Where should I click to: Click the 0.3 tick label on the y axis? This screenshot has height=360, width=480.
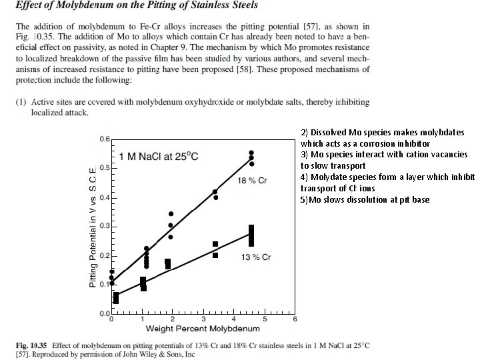coord(105,226)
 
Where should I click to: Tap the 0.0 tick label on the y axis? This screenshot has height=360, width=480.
coord(105,313)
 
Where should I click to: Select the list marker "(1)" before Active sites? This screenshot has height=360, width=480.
coord(24,102)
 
